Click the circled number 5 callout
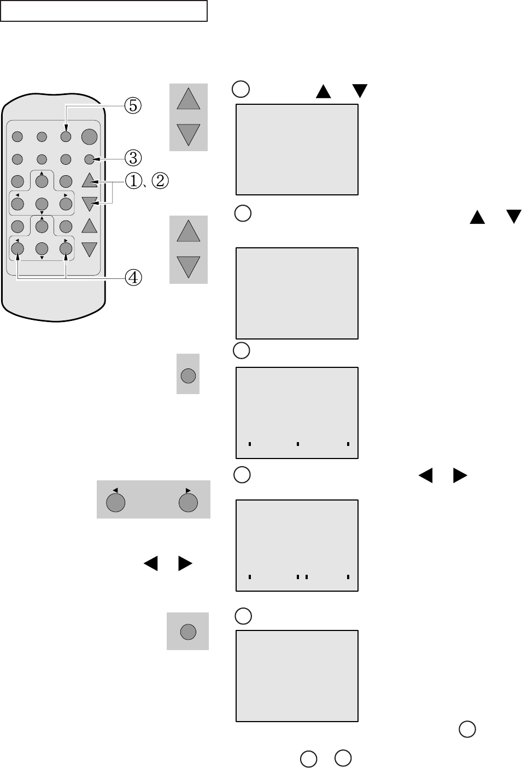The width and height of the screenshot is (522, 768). pos(132,105)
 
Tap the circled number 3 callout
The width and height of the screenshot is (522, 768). pos(132,158)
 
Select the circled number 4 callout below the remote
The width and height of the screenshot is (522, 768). pos(132,278)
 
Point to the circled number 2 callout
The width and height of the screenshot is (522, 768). pos(160,181)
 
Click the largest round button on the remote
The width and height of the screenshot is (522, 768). pos(89,136)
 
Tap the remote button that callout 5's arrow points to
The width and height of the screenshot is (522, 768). pos(66,136)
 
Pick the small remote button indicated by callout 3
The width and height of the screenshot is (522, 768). pos(89,159)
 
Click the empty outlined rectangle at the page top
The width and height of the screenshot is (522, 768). pos(104,11)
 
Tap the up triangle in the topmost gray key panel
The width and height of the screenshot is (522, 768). pos(188,100)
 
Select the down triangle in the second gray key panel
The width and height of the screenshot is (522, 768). pos(188,266)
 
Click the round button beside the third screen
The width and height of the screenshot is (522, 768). pos(188,375)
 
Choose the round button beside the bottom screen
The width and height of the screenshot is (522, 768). pos(188,632)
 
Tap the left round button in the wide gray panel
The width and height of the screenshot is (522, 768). pos(115,502)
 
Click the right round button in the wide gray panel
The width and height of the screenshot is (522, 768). pos(188,502)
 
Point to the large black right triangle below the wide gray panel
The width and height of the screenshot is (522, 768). pos(185,563)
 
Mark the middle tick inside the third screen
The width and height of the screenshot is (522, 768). pos(297,444)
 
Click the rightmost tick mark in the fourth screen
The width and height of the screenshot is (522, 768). pos(348,576)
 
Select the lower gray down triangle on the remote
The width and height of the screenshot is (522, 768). pos(89,249)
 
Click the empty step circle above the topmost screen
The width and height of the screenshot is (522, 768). pos(241,89)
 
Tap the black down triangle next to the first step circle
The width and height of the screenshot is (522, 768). pos(359,91)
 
